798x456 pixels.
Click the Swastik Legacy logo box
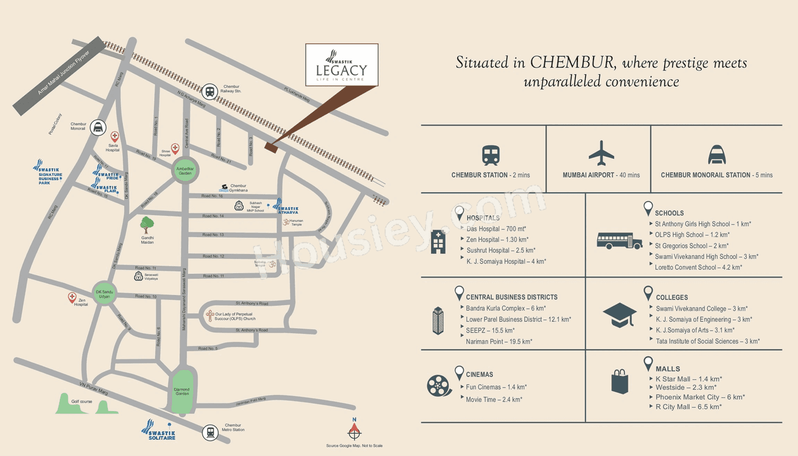coord(342,65)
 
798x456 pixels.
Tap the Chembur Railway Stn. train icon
coord(210,91)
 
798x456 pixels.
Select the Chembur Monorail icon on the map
coord(97,127)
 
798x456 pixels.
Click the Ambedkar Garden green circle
coord(185,170)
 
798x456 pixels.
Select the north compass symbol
coord(354,430)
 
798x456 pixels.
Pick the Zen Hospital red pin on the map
coord(72,298)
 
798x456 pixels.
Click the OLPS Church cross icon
coord(211,316)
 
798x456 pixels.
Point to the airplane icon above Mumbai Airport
coord(601,153)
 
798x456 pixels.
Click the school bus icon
coord(619,240)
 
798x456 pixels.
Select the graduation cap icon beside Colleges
coord(620,315)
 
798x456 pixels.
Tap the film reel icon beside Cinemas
coord(439,384)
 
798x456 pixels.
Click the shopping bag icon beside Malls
coord(620,381)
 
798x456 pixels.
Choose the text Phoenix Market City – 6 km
coord(699,397)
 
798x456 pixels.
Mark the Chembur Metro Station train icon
coord(210,432)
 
